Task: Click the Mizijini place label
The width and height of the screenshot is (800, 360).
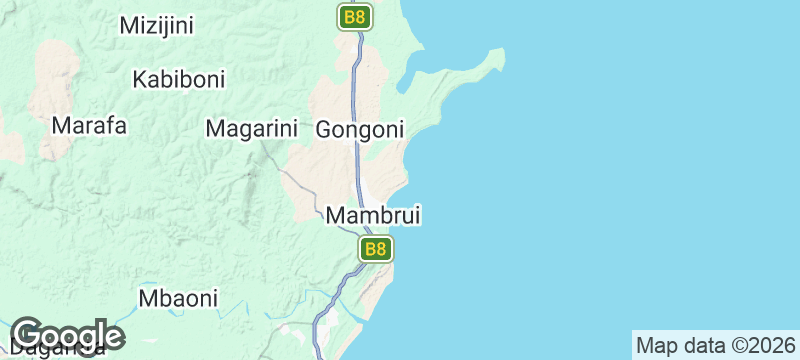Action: coord(156,26)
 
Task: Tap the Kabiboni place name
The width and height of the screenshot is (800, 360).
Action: coord(179,78)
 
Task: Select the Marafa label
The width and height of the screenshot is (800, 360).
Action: coord(90,126)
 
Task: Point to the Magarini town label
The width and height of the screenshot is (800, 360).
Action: coord(252,128)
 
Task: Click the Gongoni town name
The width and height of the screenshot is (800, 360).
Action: coord(360,129)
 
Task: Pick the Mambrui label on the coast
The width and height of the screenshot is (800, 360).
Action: coord(373,215)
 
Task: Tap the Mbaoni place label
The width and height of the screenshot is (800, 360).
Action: coord(178,298)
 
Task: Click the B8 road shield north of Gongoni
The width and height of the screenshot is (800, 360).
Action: coord(354,17)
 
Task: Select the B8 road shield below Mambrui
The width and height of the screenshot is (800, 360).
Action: coord(375,249)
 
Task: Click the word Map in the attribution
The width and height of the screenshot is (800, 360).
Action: coord(657,346)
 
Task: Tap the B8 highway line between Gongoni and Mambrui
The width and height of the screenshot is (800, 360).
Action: coord(359,165)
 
